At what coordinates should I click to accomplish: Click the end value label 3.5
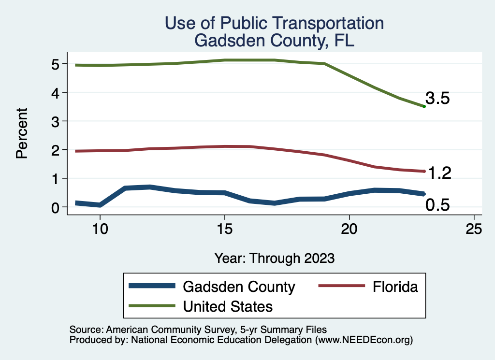click(438, 99)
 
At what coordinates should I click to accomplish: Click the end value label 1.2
click(439, 173)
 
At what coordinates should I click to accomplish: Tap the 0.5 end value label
click(437, 205)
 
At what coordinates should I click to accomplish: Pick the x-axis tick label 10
click(100, 229)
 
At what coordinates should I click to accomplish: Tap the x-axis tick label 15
click(224, 229)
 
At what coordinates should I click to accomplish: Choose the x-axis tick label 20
click(349, 229)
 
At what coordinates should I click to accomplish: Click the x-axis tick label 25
click(474, 229)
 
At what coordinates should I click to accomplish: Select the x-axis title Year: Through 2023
click(275, 258)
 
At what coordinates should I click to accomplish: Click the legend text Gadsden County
click(239, 287)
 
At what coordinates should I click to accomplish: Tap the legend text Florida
click(395, 287)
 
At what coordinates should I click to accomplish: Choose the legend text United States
click(228, 306)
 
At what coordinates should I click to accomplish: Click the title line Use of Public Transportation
click(274, 23)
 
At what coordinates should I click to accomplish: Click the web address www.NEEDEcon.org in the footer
click(364, 340)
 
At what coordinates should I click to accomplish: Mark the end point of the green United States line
click(424, 106)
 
